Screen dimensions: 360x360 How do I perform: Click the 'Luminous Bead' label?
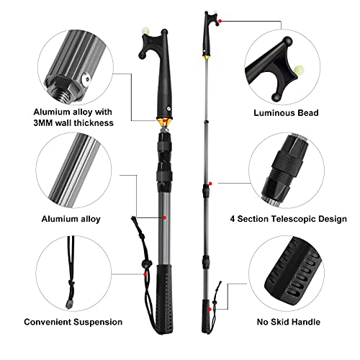tap(285, 113)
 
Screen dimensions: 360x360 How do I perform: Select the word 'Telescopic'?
tap(286, 218)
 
